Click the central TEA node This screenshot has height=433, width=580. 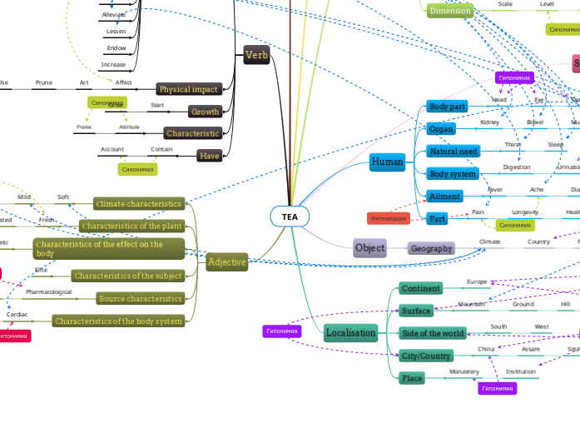tap(290, 216)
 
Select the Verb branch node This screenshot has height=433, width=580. tap(256, 56)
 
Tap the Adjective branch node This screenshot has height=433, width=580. tap(227, 261)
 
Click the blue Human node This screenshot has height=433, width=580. tap(387, 162)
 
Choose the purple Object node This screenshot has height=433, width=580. tap(369, 247)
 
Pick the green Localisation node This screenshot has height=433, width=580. tap(350, 333)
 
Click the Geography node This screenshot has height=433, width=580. tap(431, 248)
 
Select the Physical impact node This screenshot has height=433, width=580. tap(187, 89)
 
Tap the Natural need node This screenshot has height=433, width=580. tap(453, 152)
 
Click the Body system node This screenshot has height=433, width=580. tap(452, 174)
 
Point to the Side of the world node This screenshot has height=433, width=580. tap(433, 333)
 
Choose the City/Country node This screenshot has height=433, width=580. tap(425, 356)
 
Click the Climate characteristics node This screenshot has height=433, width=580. tap(138, 203)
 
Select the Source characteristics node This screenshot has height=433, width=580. tap(140, 298)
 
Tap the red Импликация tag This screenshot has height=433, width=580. tap(388, 219)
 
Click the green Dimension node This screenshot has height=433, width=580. tap(450, 11)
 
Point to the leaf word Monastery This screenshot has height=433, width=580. tap(464, 371)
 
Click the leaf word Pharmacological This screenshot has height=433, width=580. tap(48, 292)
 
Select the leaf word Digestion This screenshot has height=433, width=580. tap(516, 167)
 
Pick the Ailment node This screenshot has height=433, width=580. tap(444, 197)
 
